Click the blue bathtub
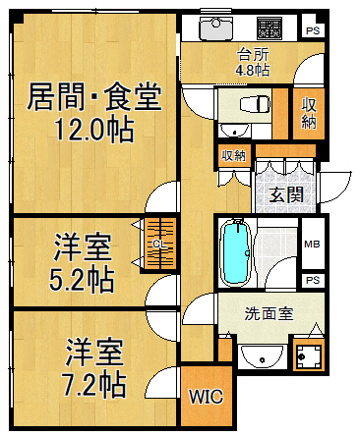coord(237,253)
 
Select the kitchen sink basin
coord(216,27)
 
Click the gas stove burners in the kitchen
coord(270,27)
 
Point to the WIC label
coord(206,397)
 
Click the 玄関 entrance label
coord(286,194)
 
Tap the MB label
coord(312,244)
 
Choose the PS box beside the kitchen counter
coord(313,31)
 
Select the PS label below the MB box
coord(313,280)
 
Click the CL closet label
coord(159,244)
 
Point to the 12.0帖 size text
coord(94,130)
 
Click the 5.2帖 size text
coord(82,278)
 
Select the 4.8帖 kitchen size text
coord(252,70)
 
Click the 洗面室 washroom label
coord(269,313)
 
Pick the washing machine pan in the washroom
coord(309,357)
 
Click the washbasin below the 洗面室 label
coord(262,356)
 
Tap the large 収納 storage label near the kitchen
coord(309,113)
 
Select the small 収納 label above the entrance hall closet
coord(234,155)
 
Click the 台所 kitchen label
coord(252,55)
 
